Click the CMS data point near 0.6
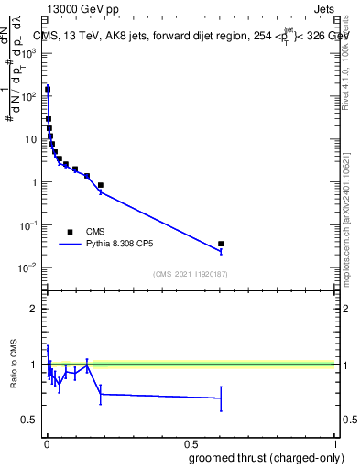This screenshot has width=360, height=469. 221,244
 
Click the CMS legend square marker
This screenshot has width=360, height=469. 70,232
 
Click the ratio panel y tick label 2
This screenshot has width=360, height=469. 34,309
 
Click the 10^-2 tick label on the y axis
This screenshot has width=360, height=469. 28,267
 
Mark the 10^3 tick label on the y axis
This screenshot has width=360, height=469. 29,53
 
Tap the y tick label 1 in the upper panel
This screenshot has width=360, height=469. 35,182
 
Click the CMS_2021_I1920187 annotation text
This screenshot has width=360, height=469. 191,274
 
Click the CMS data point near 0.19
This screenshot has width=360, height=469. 101,185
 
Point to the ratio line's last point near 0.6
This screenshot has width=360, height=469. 221,398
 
